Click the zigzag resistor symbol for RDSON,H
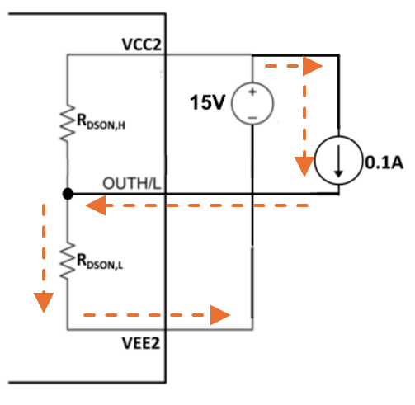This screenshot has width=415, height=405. (x=66, y=123)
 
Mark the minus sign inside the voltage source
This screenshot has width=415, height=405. (x=251, y=116)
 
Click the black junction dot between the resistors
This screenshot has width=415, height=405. (x=67, y=194)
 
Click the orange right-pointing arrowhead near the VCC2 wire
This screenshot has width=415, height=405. (x=313, y=66)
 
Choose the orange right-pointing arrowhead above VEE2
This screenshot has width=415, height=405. (x=219, y=314)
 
